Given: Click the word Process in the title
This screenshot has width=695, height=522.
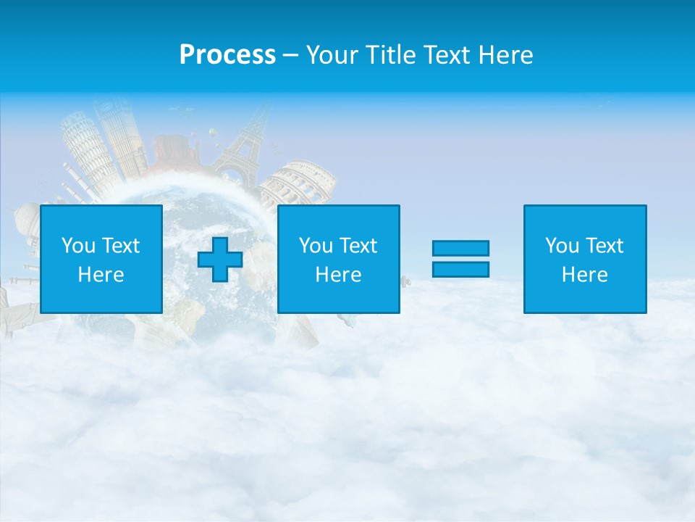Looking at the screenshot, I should point(227,55).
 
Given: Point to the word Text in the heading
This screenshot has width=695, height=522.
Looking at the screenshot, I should point(447,55).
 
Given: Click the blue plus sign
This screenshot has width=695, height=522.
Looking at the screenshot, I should point(220,260).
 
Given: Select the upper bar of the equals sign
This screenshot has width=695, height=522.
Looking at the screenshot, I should point(460,249).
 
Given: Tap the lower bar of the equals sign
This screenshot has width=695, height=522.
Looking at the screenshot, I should point(460,269).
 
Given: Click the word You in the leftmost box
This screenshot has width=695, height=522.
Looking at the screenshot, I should point(78,246).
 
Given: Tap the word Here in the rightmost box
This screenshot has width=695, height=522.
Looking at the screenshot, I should point(585,275).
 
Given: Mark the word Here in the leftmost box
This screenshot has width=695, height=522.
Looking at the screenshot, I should point(101,275).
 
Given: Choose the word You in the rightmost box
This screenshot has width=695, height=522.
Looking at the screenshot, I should point(562,246).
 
